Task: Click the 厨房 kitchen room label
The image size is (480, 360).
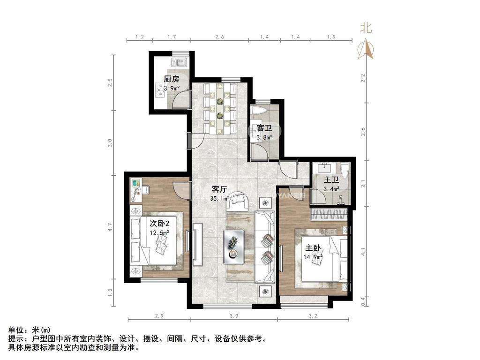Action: (x=172, y=79)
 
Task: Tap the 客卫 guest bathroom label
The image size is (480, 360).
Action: (x=264, y=128)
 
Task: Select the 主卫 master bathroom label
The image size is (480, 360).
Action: (x=331, y=180)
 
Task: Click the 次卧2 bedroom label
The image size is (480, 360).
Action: (x=159, y=223)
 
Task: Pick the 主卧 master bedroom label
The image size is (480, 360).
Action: (x=313, y=247)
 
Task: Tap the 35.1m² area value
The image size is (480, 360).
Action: (x=220, y=198)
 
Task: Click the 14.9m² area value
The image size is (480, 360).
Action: (x=313, y=257)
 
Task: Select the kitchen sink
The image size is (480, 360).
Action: (x=180, y=63)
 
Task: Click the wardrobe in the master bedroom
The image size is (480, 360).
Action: (x=329, y=214)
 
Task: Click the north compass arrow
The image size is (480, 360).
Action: (x=366, y=49)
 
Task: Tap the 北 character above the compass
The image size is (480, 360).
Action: (x=366, y=28)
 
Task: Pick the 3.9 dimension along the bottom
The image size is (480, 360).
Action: (x=233, y=315)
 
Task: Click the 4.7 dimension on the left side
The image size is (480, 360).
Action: (x=110, y=227)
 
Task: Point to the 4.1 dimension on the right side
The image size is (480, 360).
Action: (x=363, y=254)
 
